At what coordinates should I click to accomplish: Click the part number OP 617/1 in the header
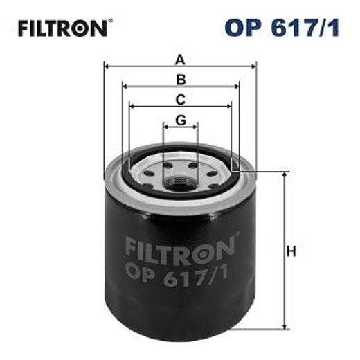click(285, 28)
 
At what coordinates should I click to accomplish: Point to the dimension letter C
click(180, 98)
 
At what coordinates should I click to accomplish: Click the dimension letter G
click(181, 119)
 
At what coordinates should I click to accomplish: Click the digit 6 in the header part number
click(280, 28)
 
